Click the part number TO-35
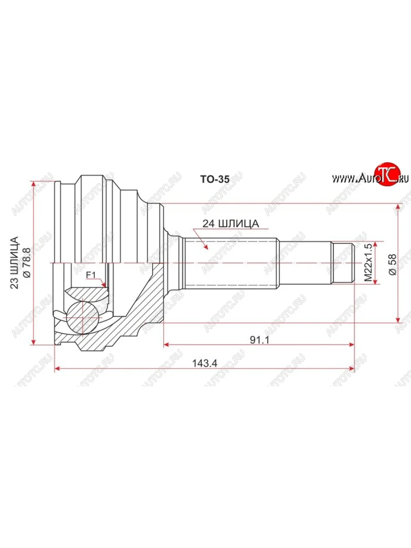click(215, 179)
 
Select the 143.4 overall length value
click(204, 364)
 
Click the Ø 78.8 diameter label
click(26, 263)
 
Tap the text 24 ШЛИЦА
click(232, 224)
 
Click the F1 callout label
click(91, 275)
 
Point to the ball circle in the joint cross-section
click(82, 315)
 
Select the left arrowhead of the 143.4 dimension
click(57, 369)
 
